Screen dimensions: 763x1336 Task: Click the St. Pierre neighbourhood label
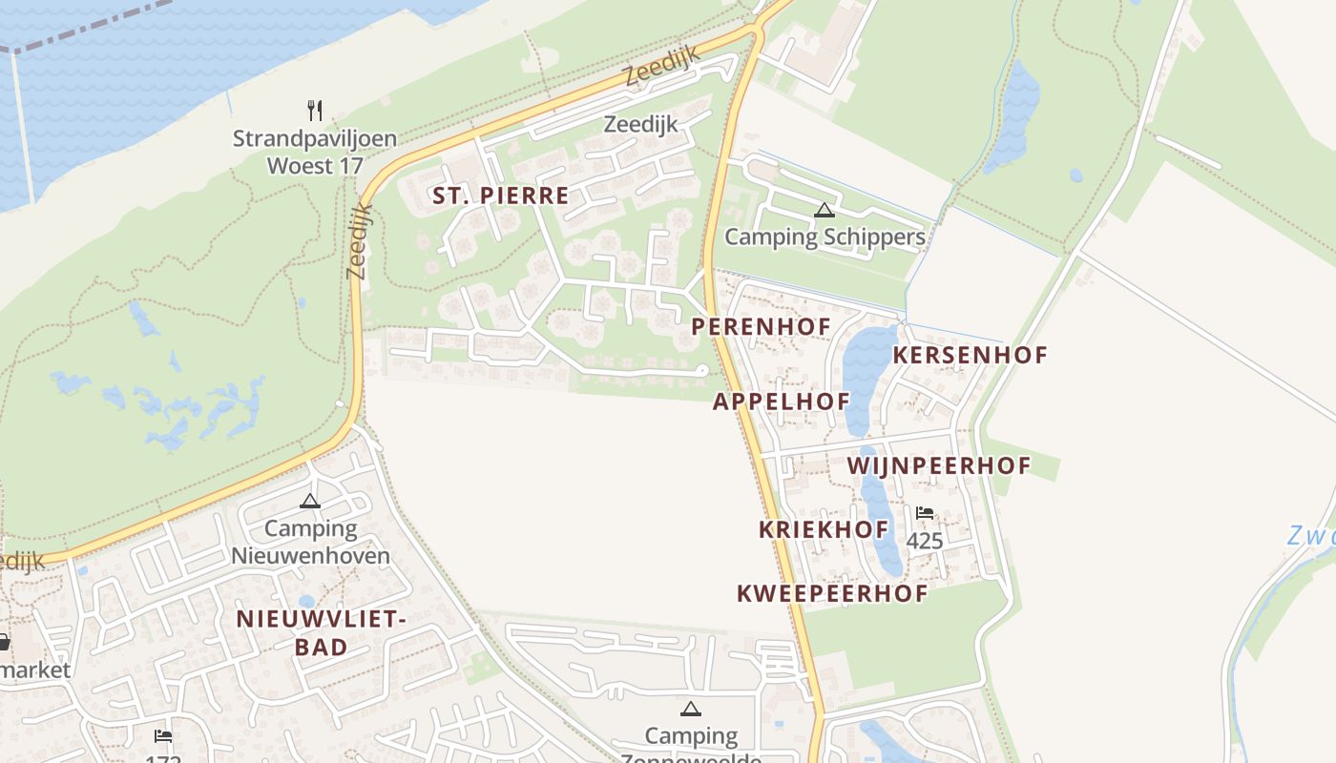tap(500, 196)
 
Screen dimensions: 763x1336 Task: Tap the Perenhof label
tap(761, 326)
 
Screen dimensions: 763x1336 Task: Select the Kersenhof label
tap(970, 355)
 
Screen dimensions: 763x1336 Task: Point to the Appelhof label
tap(781, 402)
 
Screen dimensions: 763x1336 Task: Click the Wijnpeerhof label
tap(939, 465)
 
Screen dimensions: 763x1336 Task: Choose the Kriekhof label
tap(824, 529)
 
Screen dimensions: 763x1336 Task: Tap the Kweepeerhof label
tap(831, 593)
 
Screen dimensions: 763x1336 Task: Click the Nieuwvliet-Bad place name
tap(321, 632)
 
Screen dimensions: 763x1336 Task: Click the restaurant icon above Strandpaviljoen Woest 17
tap(315, 111)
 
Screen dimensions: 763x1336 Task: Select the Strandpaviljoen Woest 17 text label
tap(315, 152)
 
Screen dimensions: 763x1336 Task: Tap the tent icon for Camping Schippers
tap(824, 210)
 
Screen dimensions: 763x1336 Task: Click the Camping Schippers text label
tap(825, 237)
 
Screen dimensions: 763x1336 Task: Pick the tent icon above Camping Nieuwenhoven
tap(310, 501)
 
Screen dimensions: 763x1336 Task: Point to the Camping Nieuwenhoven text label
tap(311, 542)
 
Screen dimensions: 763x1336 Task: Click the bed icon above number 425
tap(924, 513)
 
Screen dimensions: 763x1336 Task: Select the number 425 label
tap(924, 542)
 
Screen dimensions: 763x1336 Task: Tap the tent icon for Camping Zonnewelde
tap(690, 709)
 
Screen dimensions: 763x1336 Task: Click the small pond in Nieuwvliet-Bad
tap(306, 601)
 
